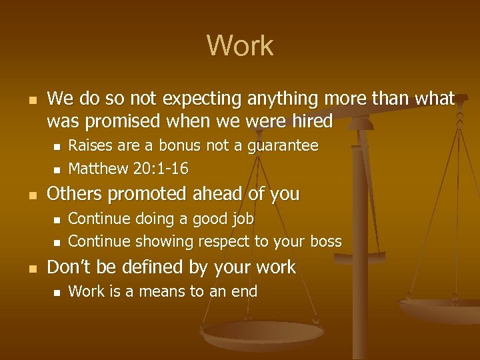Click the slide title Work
(240, 46)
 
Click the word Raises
(90, 145)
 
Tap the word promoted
(147, 195)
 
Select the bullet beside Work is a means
(57, 292)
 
